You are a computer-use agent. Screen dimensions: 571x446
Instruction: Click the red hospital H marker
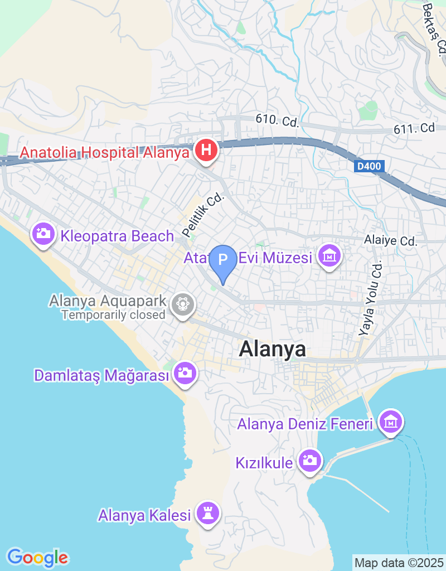(206, 150)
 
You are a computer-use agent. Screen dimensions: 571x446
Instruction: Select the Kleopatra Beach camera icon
(43, 233)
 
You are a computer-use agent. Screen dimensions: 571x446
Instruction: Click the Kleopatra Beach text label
(117, 236)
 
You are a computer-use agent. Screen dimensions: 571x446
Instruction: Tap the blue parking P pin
(223, 260)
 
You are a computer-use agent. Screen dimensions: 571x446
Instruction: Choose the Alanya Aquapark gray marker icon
(182, 304)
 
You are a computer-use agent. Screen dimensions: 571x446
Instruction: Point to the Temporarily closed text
(113, 315)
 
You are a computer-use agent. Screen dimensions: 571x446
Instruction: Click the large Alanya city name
(273, 349)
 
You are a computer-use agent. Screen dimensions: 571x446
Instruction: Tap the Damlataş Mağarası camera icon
(184, 372)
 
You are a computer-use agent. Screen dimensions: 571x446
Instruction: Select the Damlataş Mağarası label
(101, 375)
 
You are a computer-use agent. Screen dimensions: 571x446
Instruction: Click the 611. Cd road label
(414, 128)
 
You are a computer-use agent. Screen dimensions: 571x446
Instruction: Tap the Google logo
(37, 557)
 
